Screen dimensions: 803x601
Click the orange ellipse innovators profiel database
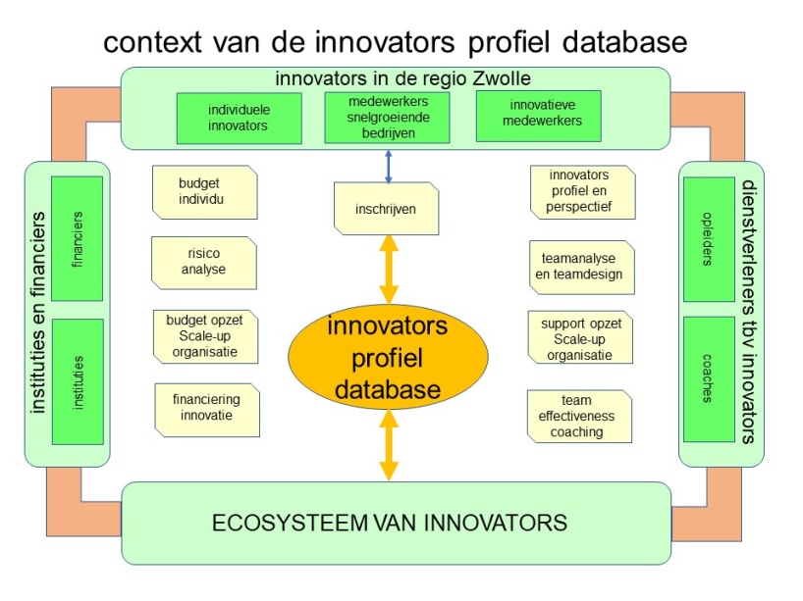[x=388, y=357]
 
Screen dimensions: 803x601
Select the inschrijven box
[x=386, y=209]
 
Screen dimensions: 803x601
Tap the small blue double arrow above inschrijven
[x=388, y=167]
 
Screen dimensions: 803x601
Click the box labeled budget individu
[x=205, y=192]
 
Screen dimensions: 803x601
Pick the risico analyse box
[x=204, y=263]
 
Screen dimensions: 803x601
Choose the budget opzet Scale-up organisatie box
[x=205, y=336]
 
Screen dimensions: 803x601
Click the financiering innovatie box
[x=207, y=410]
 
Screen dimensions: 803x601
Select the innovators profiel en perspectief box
[x=583, y=192]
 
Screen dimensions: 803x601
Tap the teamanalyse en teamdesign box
[x=582, y=268]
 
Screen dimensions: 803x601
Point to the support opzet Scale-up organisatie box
[x=580, y=337]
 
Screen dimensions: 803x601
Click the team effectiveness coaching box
[x=579, y=417]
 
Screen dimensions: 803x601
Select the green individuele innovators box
[x=240, y=119]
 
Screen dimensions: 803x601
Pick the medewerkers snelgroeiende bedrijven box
[x=387, y=117]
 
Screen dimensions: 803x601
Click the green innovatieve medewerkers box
[x=539, y=116]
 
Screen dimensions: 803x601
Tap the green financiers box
[x=78, y=239]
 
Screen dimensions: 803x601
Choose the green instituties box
[x=78, y=382]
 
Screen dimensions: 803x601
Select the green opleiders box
[x=710, y=239]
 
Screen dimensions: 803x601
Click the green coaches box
[x=710, y=379]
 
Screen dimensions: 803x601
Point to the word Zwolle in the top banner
[x=502, y=78]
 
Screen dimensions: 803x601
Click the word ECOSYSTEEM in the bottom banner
[x=290, y=523]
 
